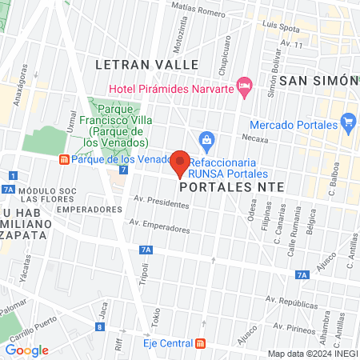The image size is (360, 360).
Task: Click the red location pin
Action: [180, 162]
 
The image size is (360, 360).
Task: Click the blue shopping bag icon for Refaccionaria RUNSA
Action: [206, 141]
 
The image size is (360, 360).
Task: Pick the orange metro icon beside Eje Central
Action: [200, 343]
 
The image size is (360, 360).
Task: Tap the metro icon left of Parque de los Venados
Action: [64, 158]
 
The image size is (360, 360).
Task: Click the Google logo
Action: [26, 350]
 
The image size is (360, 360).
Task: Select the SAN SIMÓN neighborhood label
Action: [317, 81]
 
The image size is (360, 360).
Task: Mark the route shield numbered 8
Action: [98, 326]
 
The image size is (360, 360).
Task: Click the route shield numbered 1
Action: [13, 175]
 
